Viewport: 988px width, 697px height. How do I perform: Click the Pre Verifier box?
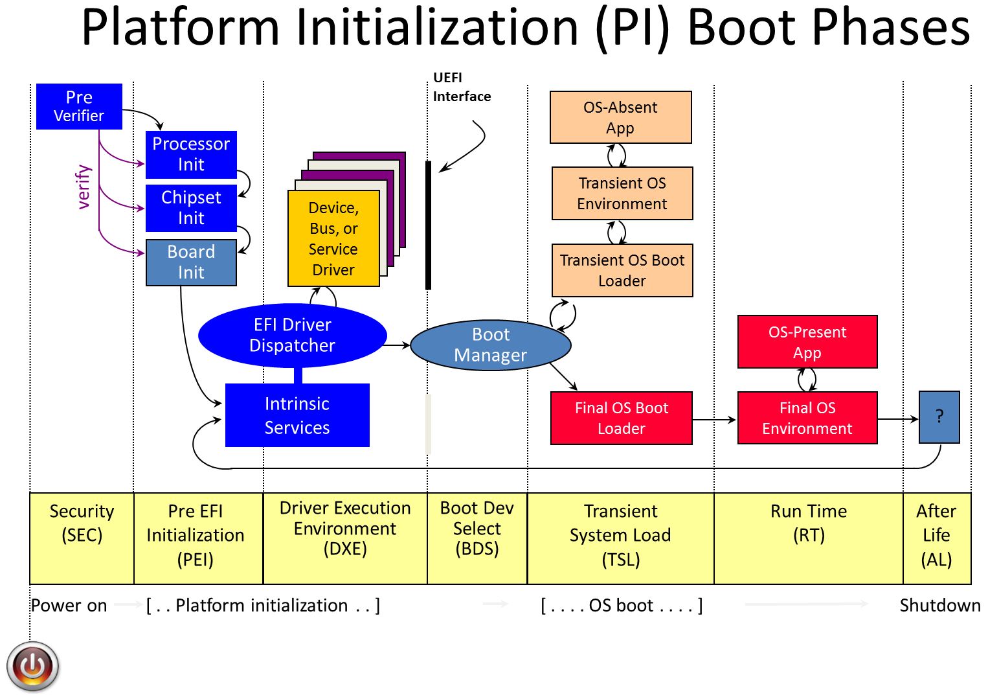tap(79, 106)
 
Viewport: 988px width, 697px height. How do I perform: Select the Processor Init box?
tap(191, 154)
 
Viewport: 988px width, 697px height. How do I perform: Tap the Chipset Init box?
tap(191, 208)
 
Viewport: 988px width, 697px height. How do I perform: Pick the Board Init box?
tap(191, 262)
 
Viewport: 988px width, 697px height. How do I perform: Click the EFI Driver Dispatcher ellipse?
tap(292, 335)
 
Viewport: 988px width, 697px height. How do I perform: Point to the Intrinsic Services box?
tap(297, 415)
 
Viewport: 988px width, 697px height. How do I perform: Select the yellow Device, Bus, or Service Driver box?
tap(333, 238)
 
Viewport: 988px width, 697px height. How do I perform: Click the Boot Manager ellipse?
tap(490, 345)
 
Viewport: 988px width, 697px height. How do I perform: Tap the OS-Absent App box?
tap(620, 117)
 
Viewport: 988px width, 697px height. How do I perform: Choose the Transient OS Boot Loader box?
tap(622, 270)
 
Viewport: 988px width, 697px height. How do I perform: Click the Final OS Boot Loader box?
tap(621, 418)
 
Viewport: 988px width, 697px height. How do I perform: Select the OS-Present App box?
tap(807, 342)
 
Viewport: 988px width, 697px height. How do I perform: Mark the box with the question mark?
tap(939, 417)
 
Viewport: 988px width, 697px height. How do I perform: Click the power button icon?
tap(33, 666)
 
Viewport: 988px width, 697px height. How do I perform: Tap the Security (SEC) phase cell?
tap(82, 538)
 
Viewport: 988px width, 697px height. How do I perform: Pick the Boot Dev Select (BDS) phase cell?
tap(477, 538)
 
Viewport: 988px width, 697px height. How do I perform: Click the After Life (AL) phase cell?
tap(936, 538)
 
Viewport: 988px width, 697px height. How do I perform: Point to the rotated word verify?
tap(84, 187)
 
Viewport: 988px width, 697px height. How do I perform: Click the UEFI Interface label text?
tap(461, 87)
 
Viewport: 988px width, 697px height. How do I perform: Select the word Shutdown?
tap(939, 606)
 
